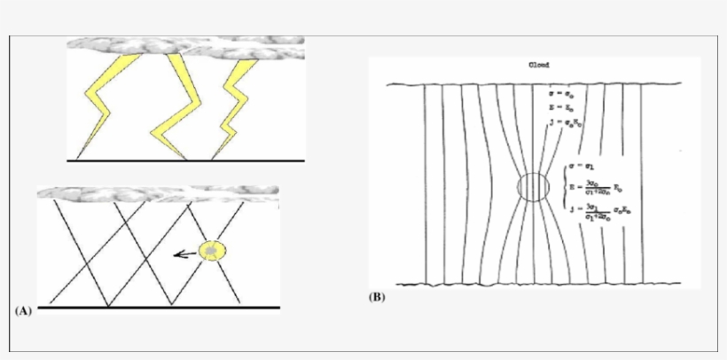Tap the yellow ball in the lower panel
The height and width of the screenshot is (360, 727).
(x=212, y=252)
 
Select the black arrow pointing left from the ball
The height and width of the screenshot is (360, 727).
(x=184, y=254)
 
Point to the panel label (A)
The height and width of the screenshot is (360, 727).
(x=24, y=311)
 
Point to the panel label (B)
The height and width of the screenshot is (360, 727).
(x=377, y=297)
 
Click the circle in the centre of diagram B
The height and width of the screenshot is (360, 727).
(x=534, y=188)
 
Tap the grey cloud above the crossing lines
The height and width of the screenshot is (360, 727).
(x=160, y=192)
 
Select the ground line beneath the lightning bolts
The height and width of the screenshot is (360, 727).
(x=186, y=161)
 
